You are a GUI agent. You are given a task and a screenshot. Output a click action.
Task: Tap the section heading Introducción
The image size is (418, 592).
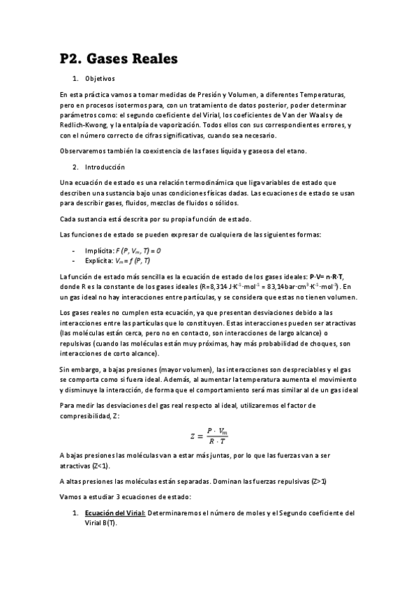tap(105, 168)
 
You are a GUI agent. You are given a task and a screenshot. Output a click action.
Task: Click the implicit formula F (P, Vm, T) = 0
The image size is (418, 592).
tap(146, 250)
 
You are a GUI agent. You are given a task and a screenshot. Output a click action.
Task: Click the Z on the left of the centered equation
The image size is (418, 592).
tap(193, 436)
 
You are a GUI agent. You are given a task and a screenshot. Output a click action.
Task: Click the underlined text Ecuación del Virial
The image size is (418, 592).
tap(115, 512)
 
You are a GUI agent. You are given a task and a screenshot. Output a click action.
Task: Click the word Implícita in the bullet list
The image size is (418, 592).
tap(99, 250)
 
